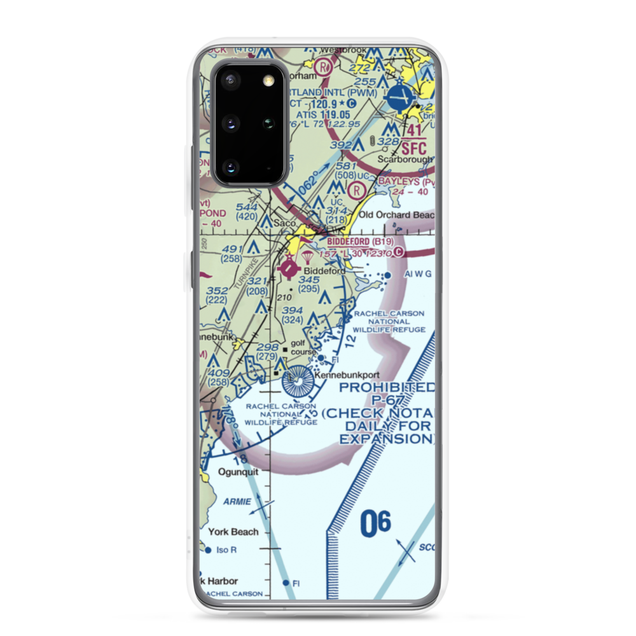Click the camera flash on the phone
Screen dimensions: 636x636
(268, 79)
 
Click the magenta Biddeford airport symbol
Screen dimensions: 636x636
(289, 270)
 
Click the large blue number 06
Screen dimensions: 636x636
(376, 524)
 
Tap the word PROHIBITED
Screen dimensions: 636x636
(387, 387)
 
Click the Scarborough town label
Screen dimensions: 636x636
(405, 160)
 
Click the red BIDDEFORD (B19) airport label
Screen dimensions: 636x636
(360, 242)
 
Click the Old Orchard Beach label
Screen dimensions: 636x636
(396, 215)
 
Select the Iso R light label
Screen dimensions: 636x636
(226, 550)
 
